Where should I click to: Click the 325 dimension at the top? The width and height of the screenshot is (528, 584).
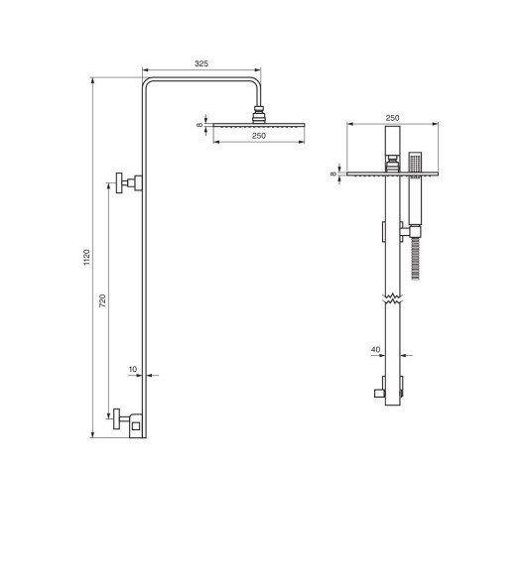tap(201, 62)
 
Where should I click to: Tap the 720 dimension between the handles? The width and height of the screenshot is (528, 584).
tap(102, 299)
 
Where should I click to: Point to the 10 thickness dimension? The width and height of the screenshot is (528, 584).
tap(133, 369)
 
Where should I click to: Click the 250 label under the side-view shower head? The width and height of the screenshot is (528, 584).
tap(258, 136)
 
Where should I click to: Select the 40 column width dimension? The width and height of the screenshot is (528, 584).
tap(375, 349)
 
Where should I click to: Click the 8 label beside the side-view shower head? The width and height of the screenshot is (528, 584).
tap(199, 125)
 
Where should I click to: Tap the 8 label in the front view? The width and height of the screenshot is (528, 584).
tap(334, 174)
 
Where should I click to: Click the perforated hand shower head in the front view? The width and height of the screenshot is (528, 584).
tap(414, 161)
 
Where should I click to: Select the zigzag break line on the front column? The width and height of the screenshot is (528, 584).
tap(391, 296)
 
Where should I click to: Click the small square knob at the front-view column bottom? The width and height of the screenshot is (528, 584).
tap(379, 393)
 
